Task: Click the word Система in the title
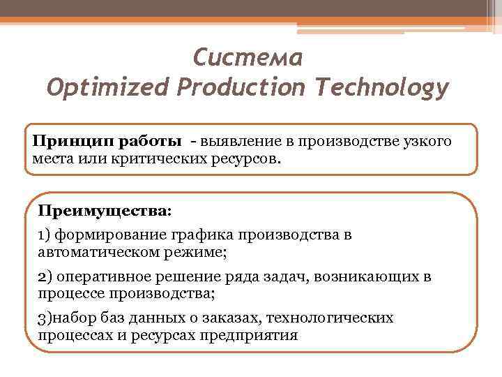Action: [x=248, y=57]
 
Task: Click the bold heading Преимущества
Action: [x=104, y=209]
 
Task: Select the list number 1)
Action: [x=44, y=235]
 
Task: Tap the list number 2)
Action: [x=45, y=276]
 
